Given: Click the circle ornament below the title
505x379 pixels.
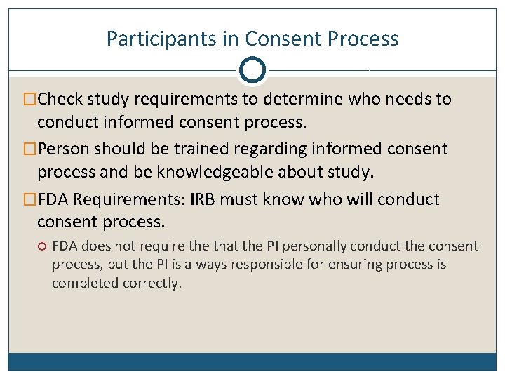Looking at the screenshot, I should pos(252,69).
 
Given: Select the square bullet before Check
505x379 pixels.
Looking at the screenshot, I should pos(31,100).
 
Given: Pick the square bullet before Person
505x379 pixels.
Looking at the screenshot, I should pos(31,149).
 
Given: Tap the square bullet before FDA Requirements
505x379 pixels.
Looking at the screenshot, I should pos(31,200).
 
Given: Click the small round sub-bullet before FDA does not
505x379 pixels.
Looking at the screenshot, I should pos(42,246).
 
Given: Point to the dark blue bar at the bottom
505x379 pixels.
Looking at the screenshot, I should pos(252,361).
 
